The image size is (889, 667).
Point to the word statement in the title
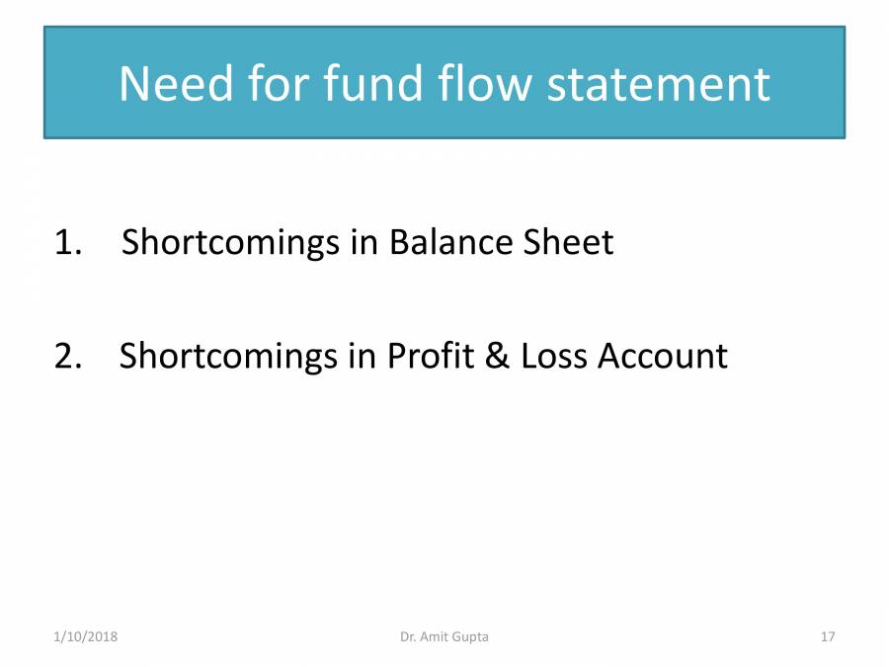pos(659,84)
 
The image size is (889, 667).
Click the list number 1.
pos(67,242)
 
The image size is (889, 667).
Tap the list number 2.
pos(67,355)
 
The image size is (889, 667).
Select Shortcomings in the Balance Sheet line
pos(232,243)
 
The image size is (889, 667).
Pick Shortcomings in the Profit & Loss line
pos(230,356)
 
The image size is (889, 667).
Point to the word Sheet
pos(568,242)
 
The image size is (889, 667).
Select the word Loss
pos(552,355)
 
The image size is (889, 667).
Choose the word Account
pos(663,355)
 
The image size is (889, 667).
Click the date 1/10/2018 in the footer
pos(85,637)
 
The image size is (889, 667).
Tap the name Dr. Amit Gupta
pos(444,637)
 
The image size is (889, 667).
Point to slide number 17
pos(828,637)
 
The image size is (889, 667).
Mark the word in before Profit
pos(363,355)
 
